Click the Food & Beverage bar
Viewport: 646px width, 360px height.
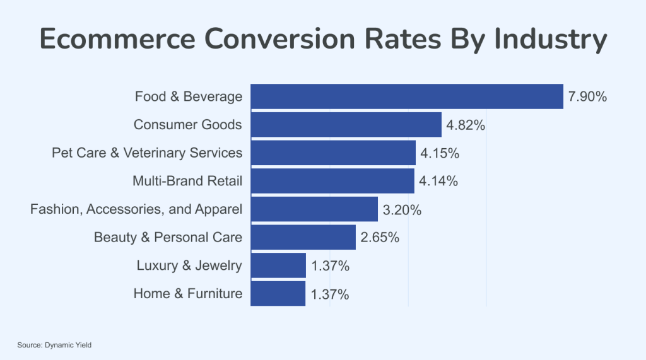(x=407, y=96)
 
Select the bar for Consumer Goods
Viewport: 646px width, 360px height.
(x=346, y=125)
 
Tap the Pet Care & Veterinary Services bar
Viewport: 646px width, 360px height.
(x=333, y=153)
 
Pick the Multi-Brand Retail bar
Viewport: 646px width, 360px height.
(x=332, y=181)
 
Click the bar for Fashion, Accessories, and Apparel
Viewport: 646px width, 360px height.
(x=314, y=209)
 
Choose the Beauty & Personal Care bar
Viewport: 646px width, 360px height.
(x=303, y=238)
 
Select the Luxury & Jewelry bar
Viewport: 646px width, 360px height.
(x=278, y=265)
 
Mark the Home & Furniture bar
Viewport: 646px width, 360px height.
(x=278, y=294)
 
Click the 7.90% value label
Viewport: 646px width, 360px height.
(x=587, y=97)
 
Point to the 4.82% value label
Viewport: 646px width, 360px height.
(x=466, y=125)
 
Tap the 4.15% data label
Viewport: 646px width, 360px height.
(x=440, y=153)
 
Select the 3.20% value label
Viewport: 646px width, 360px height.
(x=402, y=210)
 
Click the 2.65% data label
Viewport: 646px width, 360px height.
(x=380, y=238)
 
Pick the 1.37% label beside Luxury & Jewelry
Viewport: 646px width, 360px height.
(x=330, y=266)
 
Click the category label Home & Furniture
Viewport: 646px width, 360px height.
(x=187, y=294)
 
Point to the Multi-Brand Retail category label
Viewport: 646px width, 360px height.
(x=187, y=181)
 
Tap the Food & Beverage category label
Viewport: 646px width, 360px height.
(x=188, y=96)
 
